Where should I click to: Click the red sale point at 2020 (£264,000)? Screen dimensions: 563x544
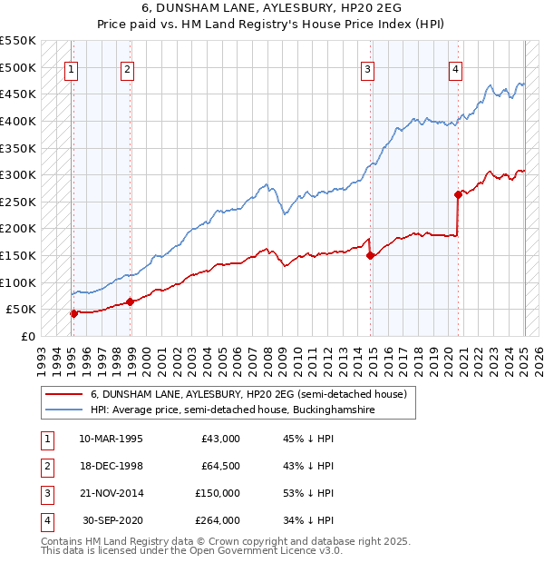coord(458,193)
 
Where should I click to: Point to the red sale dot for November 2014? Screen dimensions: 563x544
coord(371,255)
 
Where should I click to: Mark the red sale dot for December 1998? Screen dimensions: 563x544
coord(130,301)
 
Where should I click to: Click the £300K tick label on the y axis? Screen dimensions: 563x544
coord(18,174)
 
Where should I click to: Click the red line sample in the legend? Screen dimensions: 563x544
coord(63,395)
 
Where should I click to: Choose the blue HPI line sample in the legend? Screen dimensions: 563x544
coord(63,410)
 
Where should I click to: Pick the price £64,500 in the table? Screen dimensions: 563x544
coord(220,466)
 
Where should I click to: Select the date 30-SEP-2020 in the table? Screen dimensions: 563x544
coord(112,520)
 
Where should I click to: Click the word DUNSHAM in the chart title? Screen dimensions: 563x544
coord(191,10)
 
